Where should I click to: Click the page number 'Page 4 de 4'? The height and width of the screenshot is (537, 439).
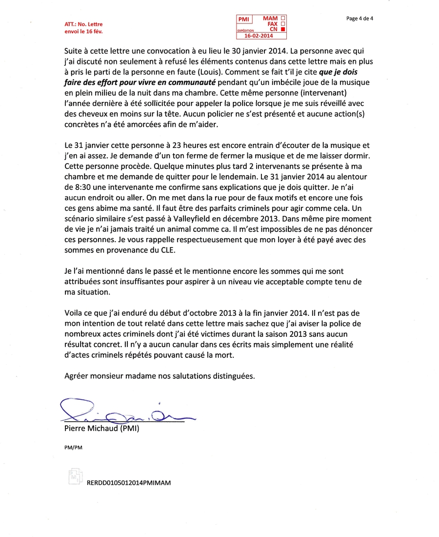point(359,19)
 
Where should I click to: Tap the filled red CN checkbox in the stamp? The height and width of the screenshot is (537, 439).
point(283,29)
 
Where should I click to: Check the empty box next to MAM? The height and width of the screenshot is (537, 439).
point(283,18)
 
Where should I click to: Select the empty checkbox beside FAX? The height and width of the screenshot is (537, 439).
point(283,23)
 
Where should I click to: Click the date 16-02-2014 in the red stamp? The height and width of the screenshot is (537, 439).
point(259,36)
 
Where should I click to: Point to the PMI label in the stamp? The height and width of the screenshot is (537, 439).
point(243,19)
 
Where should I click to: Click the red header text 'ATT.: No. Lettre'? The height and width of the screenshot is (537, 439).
point(83,24)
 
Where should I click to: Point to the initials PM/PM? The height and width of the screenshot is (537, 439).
point(73,447)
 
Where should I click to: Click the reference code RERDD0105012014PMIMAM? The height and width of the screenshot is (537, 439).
point(129,482)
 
